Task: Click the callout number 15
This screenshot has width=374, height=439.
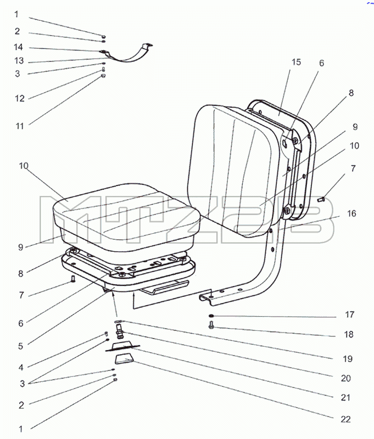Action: tap(296, 62)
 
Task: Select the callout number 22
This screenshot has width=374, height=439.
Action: tap(345, 419)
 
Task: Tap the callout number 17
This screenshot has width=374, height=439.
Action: tap(350, 314)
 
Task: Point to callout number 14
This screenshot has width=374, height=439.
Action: tap(19, 47)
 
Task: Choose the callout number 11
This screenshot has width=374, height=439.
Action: tap(20, 126)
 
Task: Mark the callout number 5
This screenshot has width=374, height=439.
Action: tap(20, 346)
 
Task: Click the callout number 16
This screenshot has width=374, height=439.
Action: tap(351, 213)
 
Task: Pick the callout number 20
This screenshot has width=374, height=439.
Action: tap(346, 378)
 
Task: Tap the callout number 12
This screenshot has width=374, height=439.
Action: tap(20, 99)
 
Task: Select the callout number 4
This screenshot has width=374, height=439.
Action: tap(21, 367)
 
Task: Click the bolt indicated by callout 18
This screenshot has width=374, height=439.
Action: tap(211, 325)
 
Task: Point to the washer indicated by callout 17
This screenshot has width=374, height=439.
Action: tap(211, 316)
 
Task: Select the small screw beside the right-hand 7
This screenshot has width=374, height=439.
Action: tap(321, 199)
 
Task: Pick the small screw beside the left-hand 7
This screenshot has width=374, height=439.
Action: tap(73, 279)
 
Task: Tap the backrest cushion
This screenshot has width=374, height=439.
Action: tap(235, 171)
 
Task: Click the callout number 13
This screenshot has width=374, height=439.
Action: tap(19, 61)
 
